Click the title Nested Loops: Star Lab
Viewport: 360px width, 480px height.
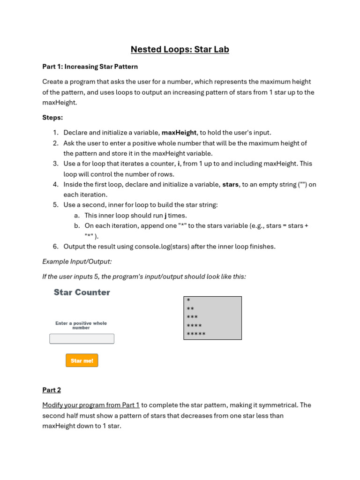pos(180,49)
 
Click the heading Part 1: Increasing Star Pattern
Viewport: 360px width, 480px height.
pos(90,67)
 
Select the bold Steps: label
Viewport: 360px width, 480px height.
pos(52,117)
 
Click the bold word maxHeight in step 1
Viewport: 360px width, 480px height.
pos(179,133)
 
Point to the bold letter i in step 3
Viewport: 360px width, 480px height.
pos(179,164)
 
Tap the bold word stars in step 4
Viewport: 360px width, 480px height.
pos(230,184)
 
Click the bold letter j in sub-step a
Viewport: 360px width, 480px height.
pos(165,216)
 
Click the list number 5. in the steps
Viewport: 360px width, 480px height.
pos(55,205)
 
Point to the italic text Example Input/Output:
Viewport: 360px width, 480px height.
pos(77,262)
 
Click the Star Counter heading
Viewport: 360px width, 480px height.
pos(82,292)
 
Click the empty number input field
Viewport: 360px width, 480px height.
pos(82,338)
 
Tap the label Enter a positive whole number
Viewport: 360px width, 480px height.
pos(81,325)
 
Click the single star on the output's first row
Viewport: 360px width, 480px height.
pos(188,300)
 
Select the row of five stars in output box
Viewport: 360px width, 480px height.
pos(196,334)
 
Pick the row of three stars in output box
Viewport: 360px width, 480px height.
pos(192,317)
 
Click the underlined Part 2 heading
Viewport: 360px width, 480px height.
pos(52,390)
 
